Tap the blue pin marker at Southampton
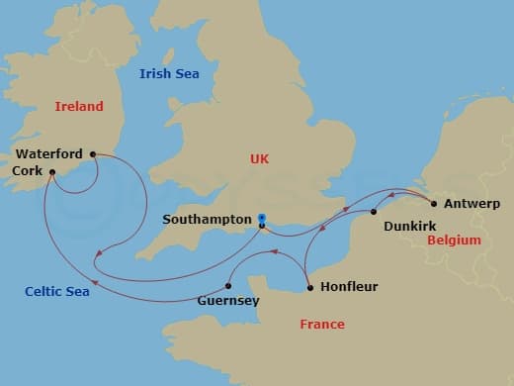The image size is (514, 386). (261, 217)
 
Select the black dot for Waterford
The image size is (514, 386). (93, 153)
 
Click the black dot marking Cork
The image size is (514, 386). (52, 169)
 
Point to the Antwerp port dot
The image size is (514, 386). (435, 204)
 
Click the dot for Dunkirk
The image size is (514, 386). (374, 212)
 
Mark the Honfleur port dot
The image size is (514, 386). (310, 288)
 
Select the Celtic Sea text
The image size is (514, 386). (57, 291)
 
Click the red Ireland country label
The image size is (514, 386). (79, 106)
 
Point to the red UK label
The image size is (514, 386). (260, 158)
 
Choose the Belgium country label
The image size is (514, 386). (453, 241)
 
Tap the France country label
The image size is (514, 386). (322, 325)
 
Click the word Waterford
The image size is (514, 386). (47, 153)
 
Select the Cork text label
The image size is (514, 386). (28, 170)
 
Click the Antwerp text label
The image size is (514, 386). (472, 204)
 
